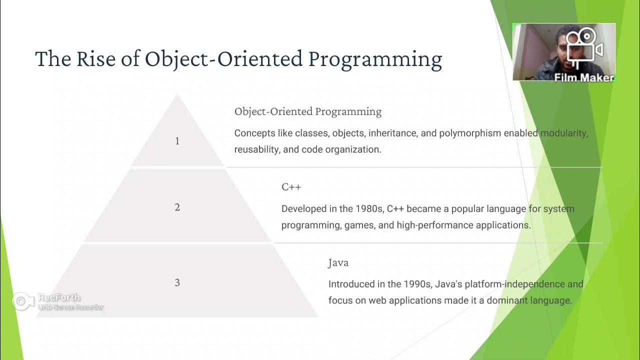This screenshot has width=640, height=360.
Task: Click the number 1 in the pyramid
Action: click(177, 141)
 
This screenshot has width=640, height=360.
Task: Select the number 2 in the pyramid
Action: click(177, 207)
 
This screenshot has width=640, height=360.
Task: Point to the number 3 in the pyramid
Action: click(177, 282)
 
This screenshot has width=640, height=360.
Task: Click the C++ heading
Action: click(291, 187)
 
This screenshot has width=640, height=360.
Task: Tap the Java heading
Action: click(338, 262)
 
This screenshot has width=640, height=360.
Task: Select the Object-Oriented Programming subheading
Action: click(307, 111)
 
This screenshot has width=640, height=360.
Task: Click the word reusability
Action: click(256, 149)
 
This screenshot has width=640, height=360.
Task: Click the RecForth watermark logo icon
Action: click(22, 301)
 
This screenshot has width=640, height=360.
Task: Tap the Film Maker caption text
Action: click(583, 77)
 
